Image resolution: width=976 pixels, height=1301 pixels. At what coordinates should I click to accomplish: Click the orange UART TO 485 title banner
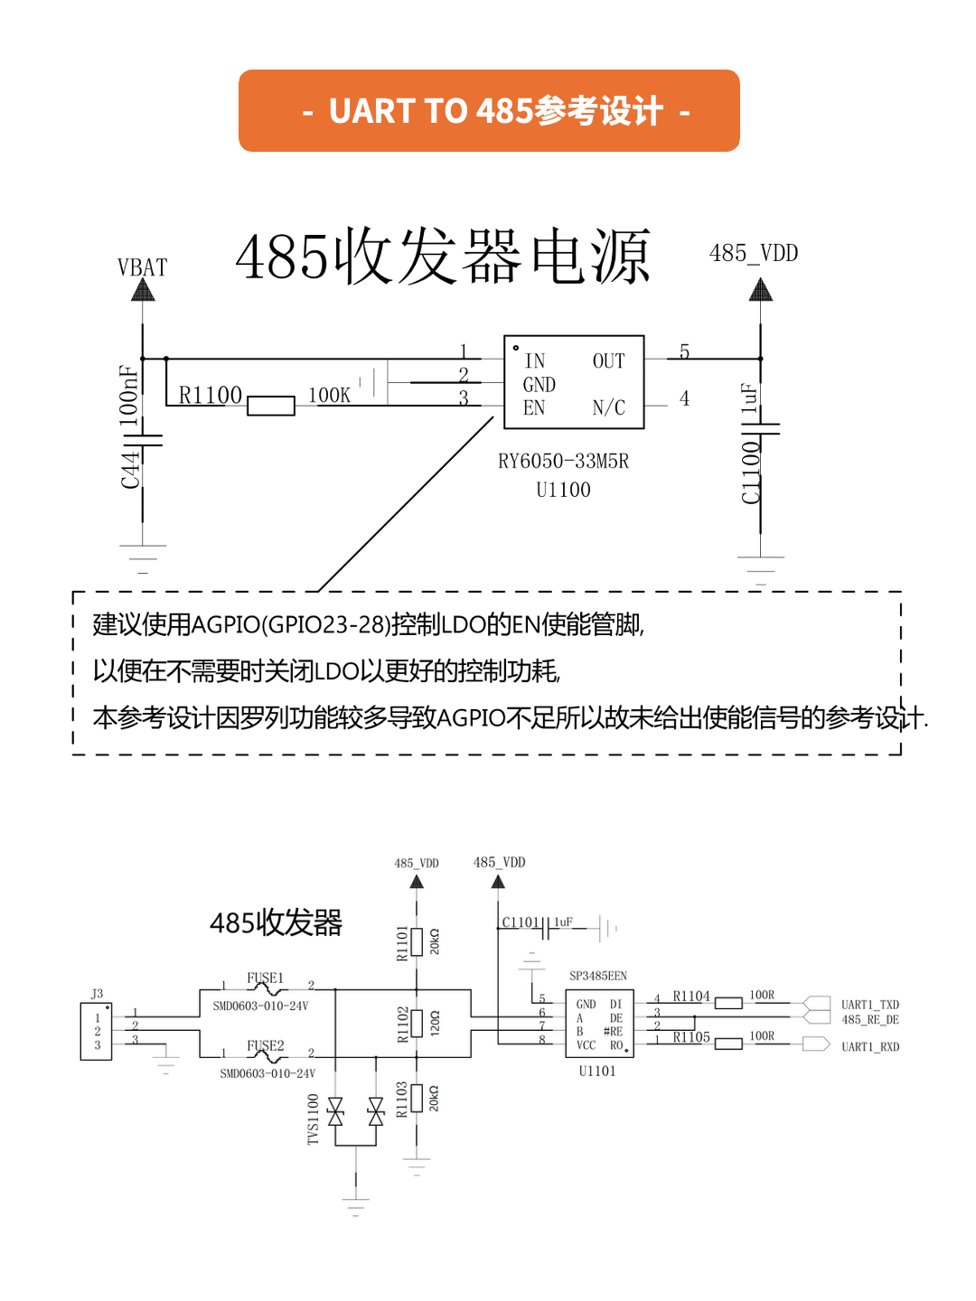point(489,110)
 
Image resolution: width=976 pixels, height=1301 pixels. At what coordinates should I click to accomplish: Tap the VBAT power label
point(142,267)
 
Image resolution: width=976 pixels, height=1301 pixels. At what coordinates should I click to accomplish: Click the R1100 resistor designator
point(210,395)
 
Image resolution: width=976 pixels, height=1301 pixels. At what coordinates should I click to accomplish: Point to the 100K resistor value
point(329,395)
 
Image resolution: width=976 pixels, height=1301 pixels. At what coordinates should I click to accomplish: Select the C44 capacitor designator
point(131,470)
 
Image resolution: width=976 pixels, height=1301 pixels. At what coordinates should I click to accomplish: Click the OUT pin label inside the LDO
point(608,361)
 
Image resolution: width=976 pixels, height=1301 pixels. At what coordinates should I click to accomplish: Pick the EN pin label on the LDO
point(534,408)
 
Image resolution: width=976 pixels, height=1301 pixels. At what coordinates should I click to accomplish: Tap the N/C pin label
point(608,408)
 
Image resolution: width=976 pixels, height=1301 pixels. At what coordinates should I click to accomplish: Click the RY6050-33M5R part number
point(563,462)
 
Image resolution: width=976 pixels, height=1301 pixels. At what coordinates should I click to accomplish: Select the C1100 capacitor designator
point(751,473)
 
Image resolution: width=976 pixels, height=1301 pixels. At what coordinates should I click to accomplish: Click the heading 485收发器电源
point(443,257)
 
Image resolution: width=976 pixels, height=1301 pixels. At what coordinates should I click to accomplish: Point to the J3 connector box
point(97,1031)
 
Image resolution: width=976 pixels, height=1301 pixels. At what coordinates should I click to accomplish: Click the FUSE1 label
point(265,978)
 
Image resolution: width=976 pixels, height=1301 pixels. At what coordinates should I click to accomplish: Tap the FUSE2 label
point(265,1045)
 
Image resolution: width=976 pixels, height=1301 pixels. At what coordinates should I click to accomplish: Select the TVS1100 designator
point(313,1119)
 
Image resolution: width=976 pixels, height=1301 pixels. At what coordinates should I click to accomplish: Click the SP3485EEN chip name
point(597,976)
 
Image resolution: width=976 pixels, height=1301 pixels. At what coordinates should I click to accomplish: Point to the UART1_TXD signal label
point(869,1005)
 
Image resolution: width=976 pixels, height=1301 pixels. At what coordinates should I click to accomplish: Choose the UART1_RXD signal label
point(869,1047)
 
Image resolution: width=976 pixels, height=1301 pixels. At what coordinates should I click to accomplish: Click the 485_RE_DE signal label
point(869,1020)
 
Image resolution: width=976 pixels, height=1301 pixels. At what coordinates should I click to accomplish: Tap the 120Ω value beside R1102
point(435,1024)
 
